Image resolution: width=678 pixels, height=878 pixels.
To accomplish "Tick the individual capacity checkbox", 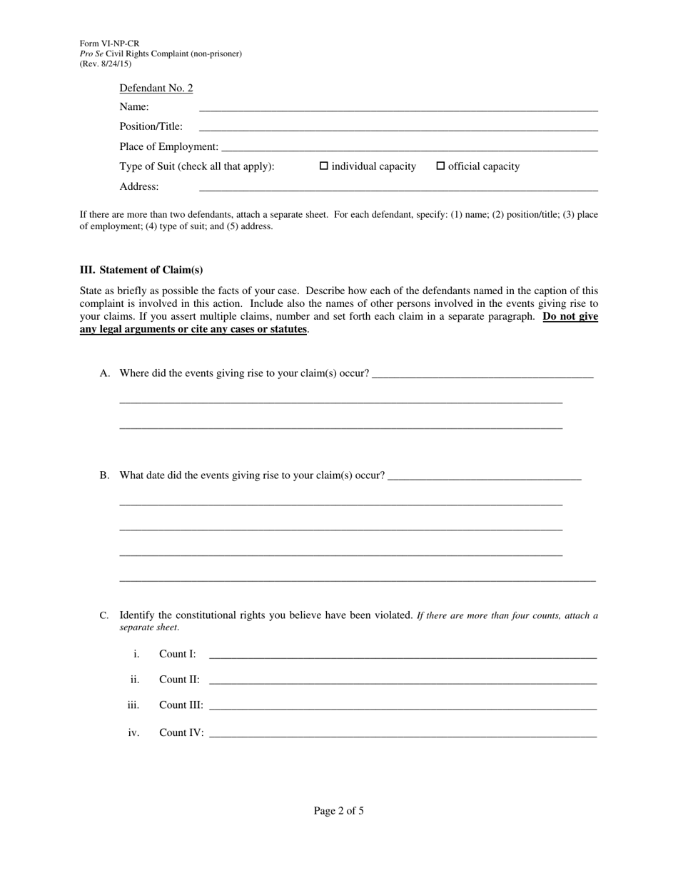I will (x=324, y=166).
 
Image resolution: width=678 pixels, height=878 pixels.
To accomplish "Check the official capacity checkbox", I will (x=440, y=166).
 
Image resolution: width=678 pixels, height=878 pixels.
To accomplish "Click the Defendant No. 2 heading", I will (x=156, y=89).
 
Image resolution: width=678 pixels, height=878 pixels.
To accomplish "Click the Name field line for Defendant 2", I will (x=398, y=109).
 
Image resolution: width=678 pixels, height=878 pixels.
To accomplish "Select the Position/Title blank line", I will (x=398, y=129).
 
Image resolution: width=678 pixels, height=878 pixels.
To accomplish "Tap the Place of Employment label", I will (x=169, y=146).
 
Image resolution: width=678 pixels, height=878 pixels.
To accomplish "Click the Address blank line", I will (x=398, y=189).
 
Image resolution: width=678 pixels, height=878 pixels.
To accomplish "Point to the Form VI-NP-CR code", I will (x=109, y=44).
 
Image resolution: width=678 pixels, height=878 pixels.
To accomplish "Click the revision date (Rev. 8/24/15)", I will (x=106, y=64).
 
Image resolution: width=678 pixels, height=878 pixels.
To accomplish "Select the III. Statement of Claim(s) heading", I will (x=141, y=270).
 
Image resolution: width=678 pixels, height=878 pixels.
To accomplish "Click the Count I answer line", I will (x=403, y=656).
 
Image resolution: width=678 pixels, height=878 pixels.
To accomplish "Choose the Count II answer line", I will (x=403, y=682).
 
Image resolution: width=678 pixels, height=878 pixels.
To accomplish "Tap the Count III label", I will (x=181, y=705).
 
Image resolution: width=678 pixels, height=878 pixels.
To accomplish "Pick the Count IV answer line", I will (x=403, y=735).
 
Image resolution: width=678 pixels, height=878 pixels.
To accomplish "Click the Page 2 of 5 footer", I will (x=339, y=811).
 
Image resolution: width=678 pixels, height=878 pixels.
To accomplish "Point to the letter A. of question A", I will (x=105, y=373).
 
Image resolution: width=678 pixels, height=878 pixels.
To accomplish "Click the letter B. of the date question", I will (x=105, y=475).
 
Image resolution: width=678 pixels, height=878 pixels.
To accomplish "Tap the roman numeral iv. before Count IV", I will (x=133, y=732).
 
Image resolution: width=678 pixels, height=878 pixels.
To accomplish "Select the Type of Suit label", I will (x=197, y=166).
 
